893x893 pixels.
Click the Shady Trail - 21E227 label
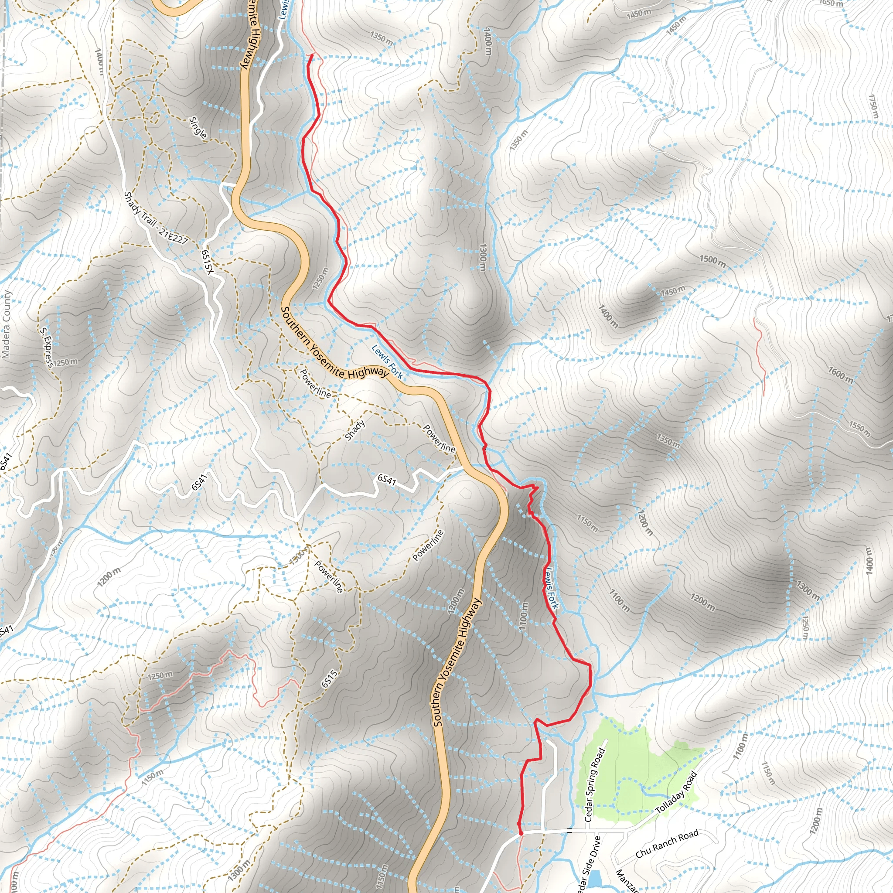156,217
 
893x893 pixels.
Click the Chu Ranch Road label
667,845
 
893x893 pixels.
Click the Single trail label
198,127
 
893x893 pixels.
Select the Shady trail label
355,430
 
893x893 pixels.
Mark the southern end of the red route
521,833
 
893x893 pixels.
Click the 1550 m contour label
860,429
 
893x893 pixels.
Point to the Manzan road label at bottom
627,881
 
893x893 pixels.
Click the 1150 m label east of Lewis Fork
587,523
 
